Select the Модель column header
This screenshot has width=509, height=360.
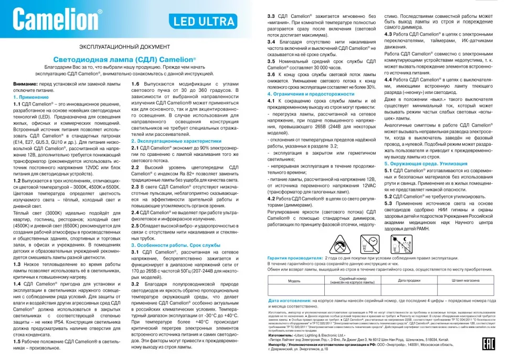(294, 281)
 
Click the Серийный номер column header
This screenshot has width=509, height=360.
(352, 280)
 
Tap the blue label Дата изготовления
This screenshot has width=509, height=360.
(290, 301)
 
